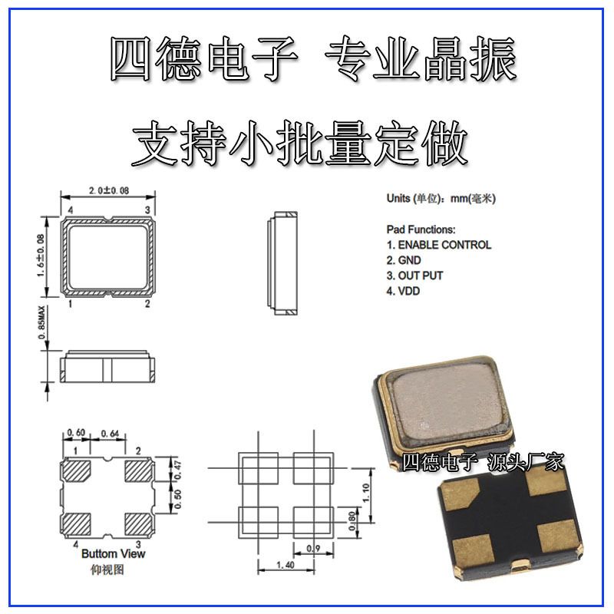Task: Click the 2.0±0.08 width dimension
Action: click(x=108, y=190)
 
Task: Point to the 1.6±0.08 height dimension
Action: click(x=41, y=256)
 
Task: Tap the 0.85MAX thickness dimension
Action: click(x=41, y=322)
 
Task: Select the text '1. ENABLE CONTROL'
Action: click(x=438, y=245)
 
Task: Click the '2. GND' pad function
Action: click(x=404, y=260)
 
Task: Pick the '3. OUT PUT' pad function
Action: click(x=414, y=276)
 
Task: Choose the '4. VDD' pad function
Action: click(x=403, y=291)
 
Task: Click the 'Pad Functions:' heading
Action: click(x=421, y=229)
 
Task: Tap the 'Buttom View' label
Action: click(x=113, y=553)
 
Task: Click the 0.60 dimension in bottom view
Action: click(x=76, y=433)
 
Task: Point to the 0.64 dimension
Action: click(x=110, y=434)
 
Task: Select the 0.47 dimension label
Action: click(x=177, y=470)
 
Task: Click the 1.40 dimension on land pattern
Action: click(x=286, y=565)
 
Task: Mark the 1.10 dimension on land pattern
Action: click(x=365, y=493)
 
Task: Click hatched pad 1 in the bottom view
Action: click(x=77, y=470)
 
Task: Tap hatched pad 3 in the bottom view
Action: click(x=138, y=523)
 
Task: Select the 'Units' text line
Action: click(x=441, y=199)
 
